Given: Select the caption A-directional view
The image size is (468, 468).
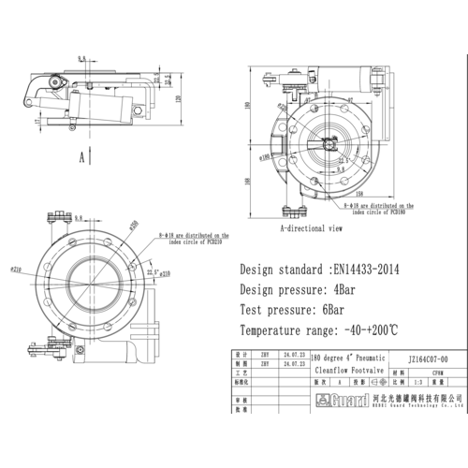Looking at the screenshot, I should (x=311, y=227).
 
